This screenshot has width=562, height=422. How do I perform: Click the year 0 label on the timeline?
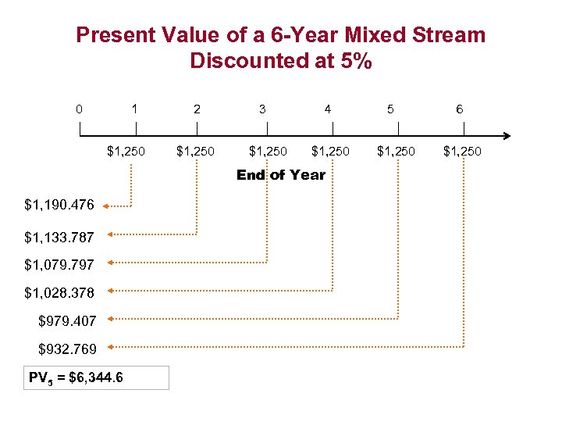tap(80, 109)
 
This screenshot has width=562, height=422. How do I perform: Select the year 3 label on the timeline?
tap(262, 109)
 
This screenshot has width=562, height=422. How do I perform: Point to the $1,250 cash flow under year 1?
tap(126, 151)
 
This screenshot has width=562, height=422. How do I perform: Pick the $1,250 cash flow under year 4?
tap(330, 151)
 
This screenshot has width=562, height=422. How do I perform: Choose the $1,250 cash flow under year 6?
tap(462, 151)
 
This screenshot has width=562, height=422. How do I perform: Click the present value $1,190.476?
tap(59, 206)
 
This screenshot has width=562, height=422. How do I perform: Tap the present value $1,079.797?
tap(59, 265)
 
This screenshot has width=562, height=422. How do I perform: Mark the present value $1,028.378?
tap(59, 293)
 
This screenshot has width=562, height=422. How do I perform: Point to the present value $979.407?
tap(67, 320)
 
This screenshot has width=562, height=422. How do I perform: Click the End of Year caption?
tap(281, 175)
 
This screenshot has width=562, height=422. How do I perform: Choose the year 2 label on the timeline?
tap(197, 109)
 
